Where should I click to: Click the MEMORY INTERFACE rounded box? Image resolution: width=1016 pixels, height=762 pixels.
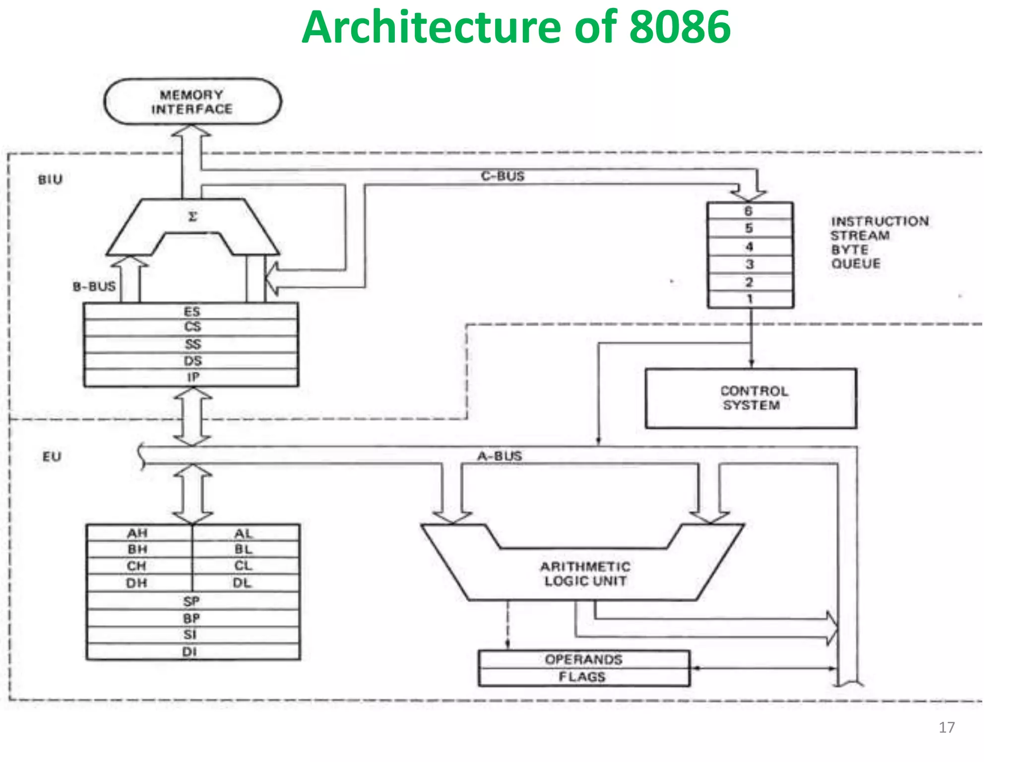tap(192, 102)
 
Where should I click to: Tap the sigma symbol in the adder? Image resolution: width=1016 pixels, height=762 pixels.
tap(193, 217)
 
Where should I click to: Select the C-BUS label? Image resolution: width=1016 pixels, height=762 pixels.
tap(502, 176)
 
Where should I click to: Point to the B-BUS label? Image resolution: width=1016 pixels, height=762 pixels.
tap(94, 286)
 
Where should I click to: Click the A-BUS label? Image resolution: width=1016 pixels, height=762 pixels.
tap(500, 456)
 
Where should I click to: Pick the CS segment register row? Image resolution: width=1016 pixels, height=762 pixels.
tap(192, 327)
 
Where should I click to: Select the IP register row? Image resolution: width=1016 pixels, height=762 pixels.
tap(192, 378)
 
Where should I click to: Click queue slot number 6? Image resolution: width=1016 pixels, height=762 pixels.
tap(749, 211)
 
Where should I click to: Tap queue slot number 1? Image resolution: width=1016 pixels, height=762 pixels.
tap(750, 299)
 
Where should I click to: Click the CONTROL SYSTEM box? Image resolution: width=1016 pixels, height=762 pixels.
tap(751, 398)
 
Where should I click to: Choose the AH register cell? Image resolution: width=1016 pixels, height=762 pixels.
tap(137, 533)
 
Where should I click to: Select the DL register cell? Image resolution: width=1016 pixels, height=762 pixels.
tap(243, 583)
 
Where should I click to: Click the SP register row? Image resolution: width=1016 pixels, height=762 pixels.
tap(192, 601)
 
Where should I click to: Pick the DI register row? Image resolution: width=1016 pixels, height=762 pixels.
tap(190, 651)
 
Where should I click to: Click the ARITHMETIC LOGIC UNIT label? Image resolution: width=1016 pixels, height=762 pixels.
tap(585, 573)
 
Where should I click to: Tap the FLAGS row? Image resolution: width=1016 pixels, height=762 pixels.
tap(582, 677)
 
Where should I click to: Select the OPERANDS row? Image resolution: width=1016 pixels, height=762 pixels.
tap(583, 659)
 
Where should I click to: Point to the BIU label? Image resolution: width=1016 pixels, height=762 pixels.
tap(50, 180)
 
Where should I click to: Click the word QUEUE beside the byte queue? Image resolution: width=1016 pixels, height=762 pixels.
tap(856, 263)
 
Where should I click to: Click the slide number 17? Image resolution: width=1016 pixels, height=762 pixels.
tap(946, 727)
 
